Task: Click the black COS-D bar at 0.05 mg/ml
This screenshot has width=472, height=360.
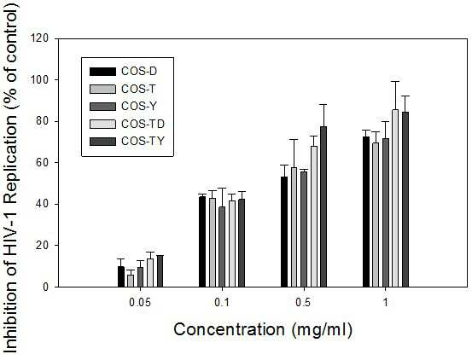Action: pyautogui.click(x=121, y=276)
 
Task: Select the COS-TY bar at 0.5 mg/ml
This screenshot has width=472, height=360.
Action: pyautogui.click(x=323, y=206)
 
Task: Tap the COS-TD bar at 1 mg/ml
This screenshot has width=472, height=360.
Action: pyautogui.click(x=395, y=198)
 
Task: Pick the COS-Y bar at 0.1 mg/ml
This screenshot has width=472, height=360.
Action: pyautogui.click(x=222, y=247)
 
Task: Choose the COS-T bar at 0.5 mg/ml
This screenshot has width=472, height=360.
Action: pyautogui.click(x=294, y=227)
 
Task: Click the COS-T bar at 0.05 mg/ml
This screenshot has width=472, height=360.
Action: pyautogui.click(x=131, y=281)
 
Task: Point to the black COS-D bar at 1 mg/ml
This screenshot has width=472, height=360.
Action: pyautogui.click(x=366, y=212)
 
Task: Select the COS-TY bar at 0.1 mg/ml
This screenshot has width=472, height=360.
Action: pyautogui.click(x=242, y=243)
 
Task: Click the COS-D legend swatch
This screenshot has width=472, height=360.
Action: pyautogui.click(x=102, y=72)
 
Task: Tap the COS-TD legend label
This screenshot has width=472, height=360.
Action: pyautogui.click(x=143, y=124)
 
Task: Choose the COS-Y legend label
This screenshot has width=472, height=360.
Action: pyautogui.click(x=139, y=106)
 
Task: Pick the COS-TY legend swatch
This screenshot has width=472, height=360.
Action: pyautogui.click(x=102, y=142)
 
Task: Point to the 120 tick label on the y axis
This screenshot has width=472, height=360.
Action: pyautogui.click(x=39, y=38)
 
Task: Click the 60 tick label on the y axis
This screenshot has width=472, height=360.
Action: pyautogui.click(x=43, y=162)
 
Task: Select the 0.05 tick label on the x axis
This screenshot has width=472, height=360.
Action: pyautogui.click(x=140, y=303)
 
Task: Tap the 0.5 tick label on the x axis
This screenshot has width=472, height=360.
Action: pyautogui.click(x=303, y=303)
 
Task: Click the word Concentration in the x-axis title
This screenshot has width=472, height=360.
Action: pyautogui.click(x=229, y=329)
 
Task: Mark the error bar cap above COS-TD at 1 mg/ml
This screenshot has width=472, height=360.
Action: pyautogui.click(x=395, y=82)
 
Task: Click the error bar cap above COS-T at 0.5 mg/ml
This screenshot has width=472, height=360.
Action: pyautogui.click(x=294, y=140)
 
